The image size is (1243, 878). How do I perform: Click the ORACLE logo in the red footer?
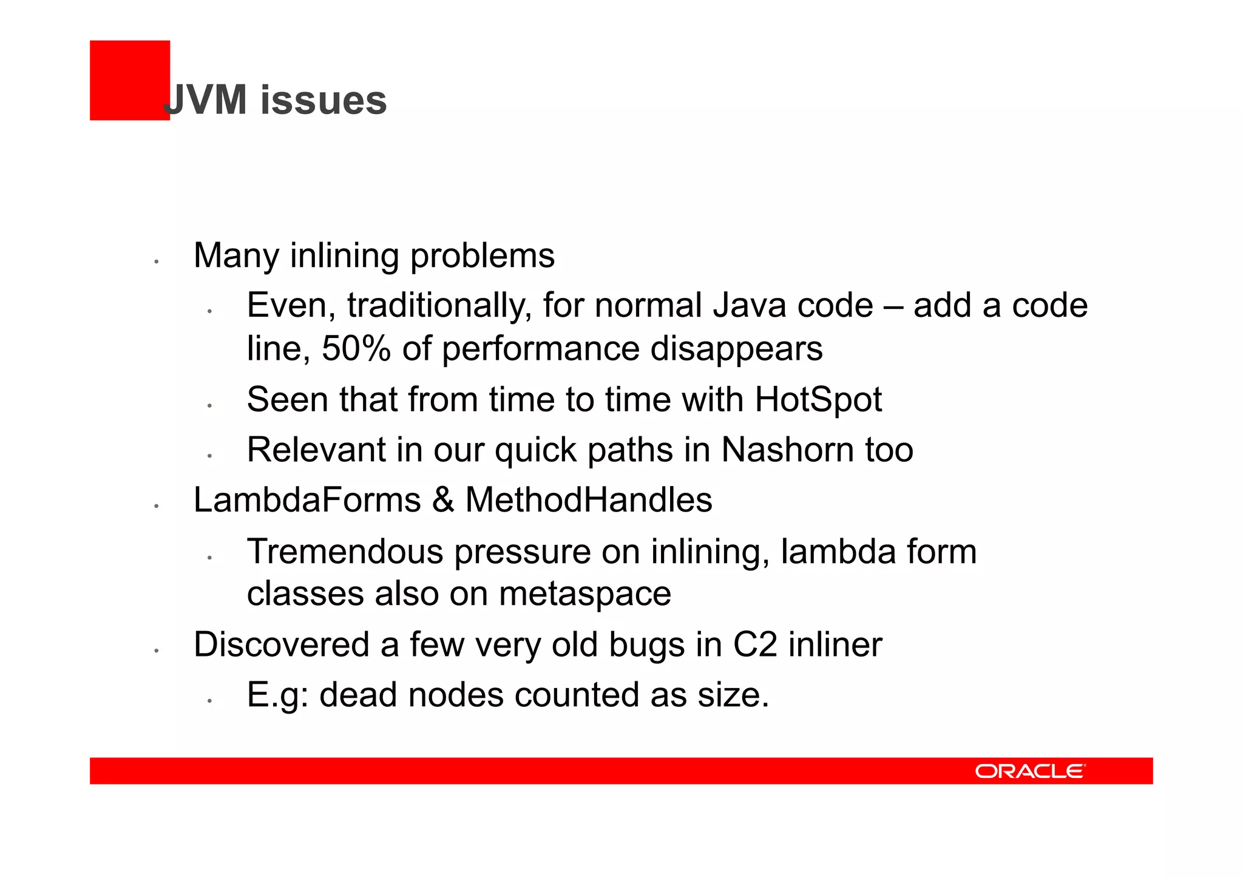click(x=1030, y=771)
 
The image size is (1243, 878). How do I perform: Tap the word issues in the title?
click(x=323, y=100)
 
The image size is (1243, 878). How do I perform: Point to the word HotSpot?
click(x=818, y=400)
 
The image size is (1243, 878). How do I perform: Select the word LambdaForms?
click(x=307, y=501)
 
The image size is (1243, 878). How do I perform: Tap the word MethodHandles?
click(x=588, y=501)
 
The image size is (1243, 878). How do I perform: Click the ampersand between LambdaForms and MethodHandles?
click(x=443, y=501)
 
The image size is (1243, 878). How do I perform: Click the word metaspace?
click(x=584, y=593)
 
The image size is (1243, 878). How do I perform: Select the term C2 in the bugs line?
click(x=754, y=644)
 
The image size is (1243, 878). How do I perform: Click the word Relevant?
click(x=316, y=450)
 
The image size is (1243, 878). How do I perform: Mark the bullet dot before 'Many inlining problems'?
click(x=156, y=262)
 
